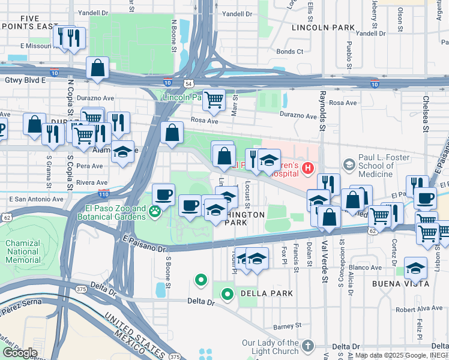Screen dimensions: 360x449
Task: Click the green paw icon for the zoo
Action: [155, 211]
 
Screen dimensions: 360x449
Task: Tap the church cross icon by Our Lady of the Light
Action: [307, 346]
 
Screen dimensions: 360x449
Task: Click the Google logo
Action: [19, 353]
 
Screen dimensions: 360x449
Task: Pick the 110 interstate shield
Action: [103, 194]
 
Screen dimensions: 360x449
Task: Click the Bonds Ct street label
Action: [289, 52]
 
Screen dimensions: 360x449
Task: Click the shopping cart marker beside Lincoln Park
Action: [213, 100]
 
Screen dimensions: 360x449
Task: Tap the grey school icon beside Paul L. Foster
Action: [349, 164]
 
